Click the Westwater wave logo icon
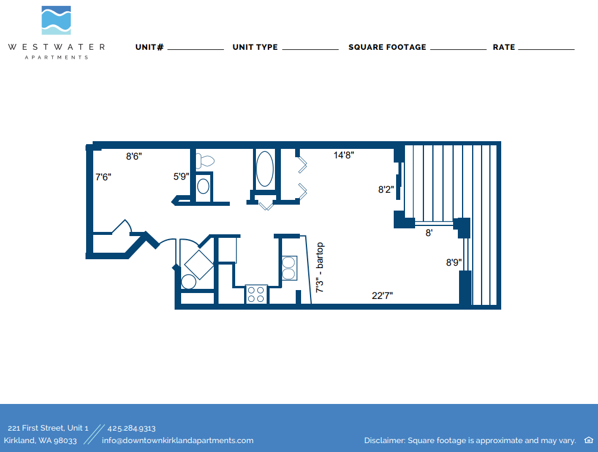[x=56, y=21]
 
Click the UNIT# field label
[x=149, y=47]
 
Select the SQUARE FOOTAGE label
[x=387, y=47]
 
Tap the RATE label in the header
[x=504, y=47]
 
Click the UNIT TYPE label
[x=255, y=47]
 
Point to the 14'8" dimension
[x=344, y=155]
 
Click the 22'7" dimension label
[x=382, y=295]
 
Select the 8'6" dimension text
[x=134, y=157]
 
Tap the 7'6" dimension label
[x=103, y=177]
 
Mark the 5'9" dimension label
[x=181, y=176]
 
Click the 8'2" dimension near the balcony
[x=386, y=190]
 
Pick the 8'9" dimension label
[x=454, y=262]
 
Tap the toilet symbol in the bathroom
[x=205, y=160]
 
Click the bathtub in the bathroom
[x=264, y=168]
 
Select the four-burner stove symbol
[x=256, y=294]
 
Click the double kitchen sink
[x=289, y=268]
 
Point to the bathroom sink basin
[x=203, y=186]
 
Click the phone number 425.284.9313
[x=131, y=428]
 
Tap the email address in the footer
[x=178, y=441]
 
